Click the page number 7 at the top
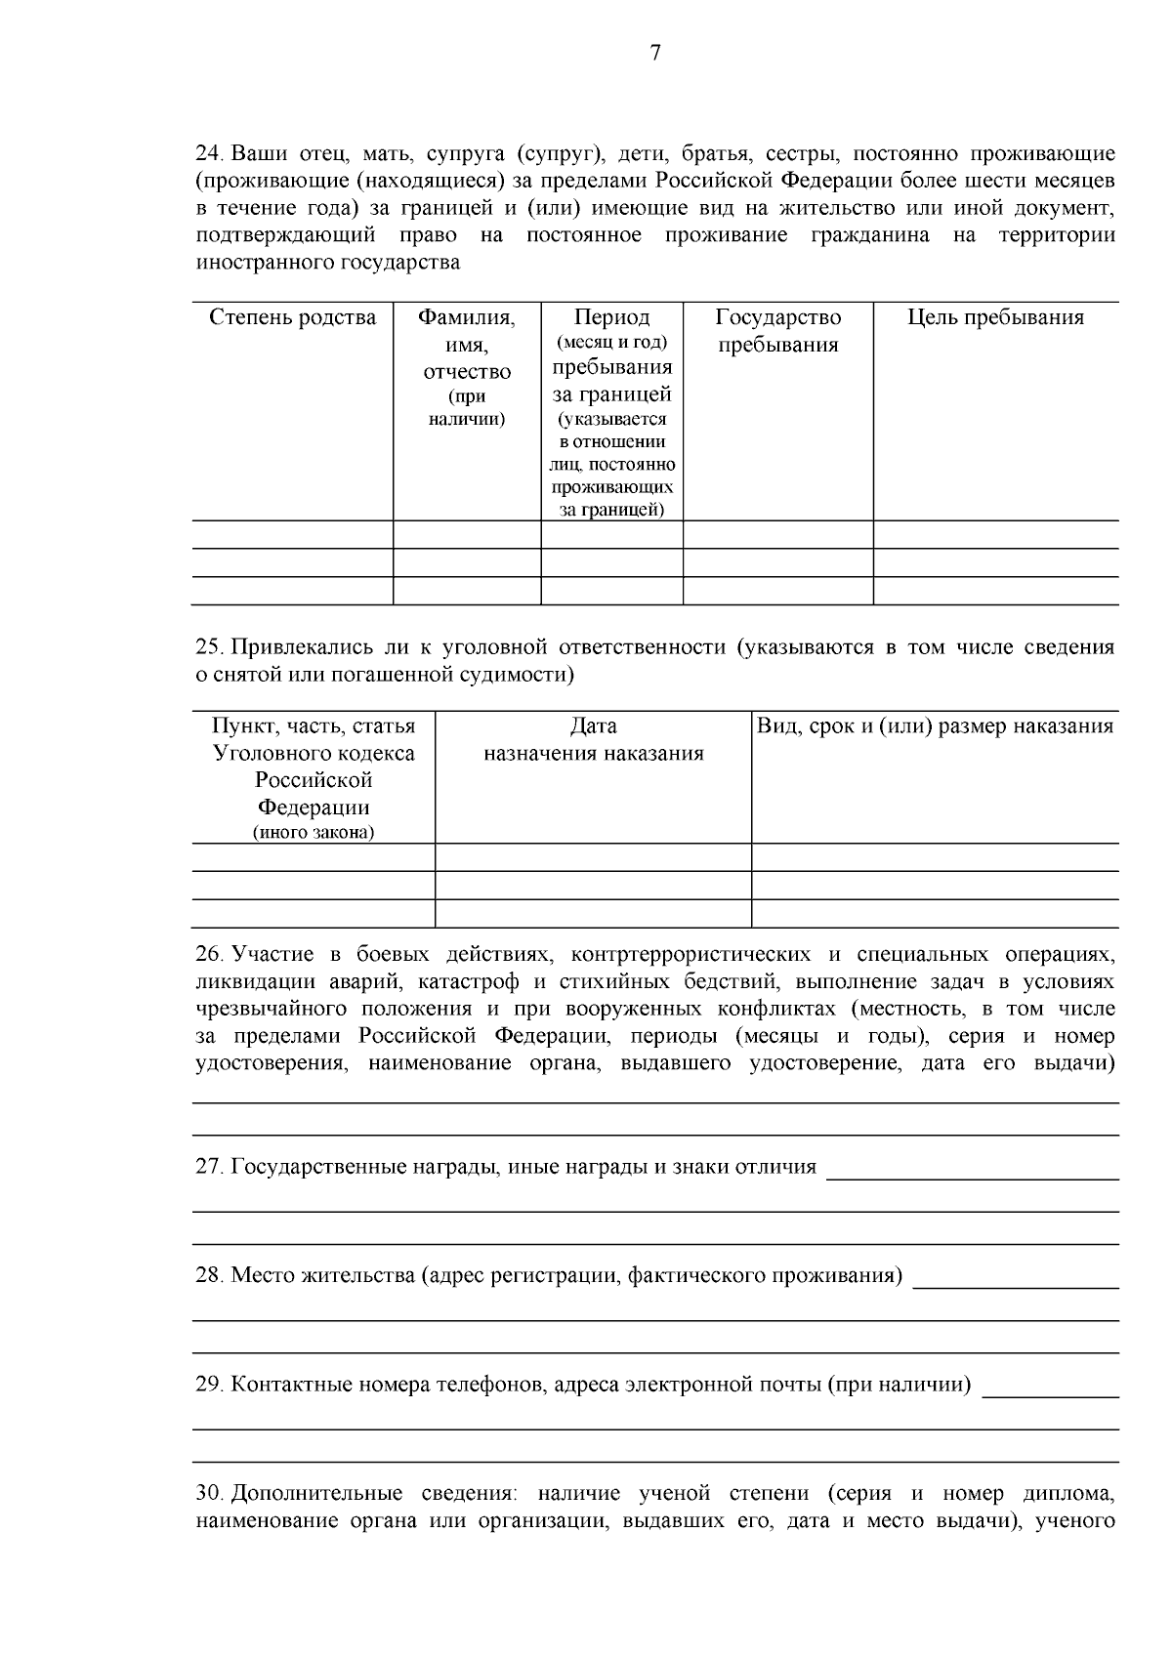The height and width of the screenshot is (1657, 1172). [x=654, y=54]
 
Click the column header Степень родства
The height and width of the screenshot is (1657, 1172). [x=292, y=317]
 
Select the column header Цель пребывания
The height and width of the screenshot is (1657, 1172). [x=995, y=317]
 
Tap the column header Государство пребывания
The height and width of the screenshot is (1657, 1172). [x=777, y=331]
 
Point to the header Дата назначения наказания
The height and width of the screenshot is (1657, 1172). [x=593, y=739]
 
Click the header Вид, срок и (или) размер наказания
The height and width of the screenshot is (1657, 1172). [x=935, y=725]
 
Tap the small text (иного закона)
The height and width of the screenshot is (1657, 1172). [x=313, y=833]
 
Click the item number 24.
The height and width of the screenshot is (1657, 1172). [x=209, y=154]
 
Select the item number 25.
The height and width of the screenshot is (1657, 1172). [x=209, y=646]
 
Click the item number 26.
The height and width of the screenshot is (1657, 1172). [x=209, y=953]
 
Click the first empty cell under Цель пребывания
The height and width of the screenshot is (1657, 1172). [x=995, y=534]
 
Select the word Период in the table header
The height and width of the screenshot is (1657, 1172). [x=611, y=317]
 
